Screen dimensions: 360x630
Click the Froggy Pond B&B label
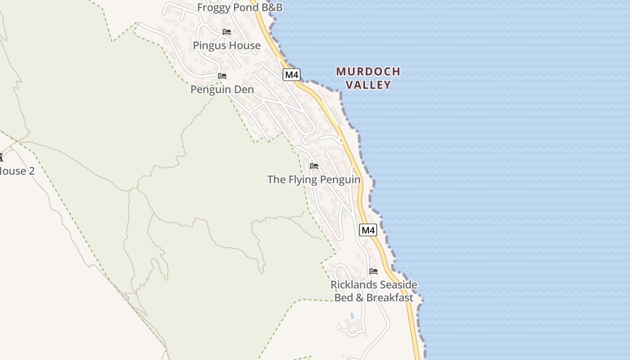[240, 8]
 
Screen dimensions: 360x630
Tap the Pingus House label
[227, 45]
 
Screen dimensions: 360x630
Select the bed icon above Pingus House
[227, 32]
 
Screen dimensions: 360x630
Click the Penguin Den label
[222, 90]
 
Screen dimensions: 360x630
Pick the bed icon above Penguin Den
[222, 76]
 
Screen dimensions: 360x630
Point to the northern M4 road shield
[292, 75]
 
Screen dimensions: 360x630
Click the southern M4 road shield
[368, 230]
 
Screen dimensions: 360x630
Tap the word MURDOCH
[368, 72]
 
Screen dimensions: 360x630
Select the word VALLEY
[369, 85]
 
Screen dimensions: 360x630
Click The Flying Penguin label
[314, 180]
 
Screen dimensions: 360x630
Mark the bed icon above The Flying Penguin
[314, 166]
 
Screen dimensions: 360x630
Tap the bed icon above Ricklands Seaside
[373, 271]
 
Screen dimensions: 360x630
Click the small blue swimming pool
[352, 316]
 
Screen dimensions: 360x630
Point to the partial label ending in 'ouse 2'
[17, 171]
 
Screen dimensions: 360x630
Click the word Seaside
[396, 285]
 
